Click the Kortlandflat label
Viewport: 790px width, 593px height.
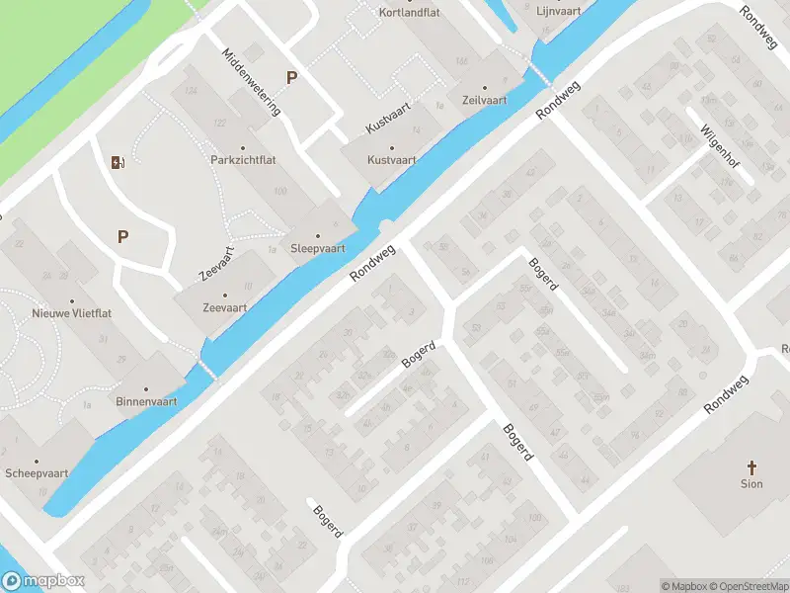[410, 12]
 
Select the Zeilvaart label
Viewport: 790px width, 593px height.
[483, 101]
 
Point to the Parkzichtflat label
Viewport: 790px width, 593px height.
[241, 159]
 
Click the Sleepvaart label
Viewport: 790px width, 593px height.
[318, 248]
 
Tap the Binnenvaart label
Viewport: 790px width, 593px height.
[145, 402]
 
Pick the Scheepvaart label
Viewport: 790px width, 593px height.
[37, 473]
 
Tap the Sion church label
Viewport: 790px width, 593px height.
[751, 484]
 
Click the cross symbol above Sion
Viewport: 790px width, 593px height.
[751, 466]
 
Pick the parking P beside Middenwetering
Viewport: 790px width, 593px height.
[291, 77]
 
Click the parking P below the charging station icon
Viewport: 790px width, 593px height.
[123, 236]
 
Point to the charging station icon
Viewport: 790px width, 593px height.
[118, 163]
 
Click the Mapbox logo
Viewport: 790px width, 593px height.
[43, 581]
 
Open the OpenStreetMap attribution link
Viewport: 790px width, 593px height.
[750, 585]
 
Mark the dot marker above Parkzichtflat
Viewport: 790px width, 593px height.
[241, 143]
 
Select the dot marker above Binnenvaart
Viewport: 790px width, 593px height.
[145, 388]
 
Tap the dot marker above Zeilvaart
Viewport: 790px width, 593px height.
[483, 86]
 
